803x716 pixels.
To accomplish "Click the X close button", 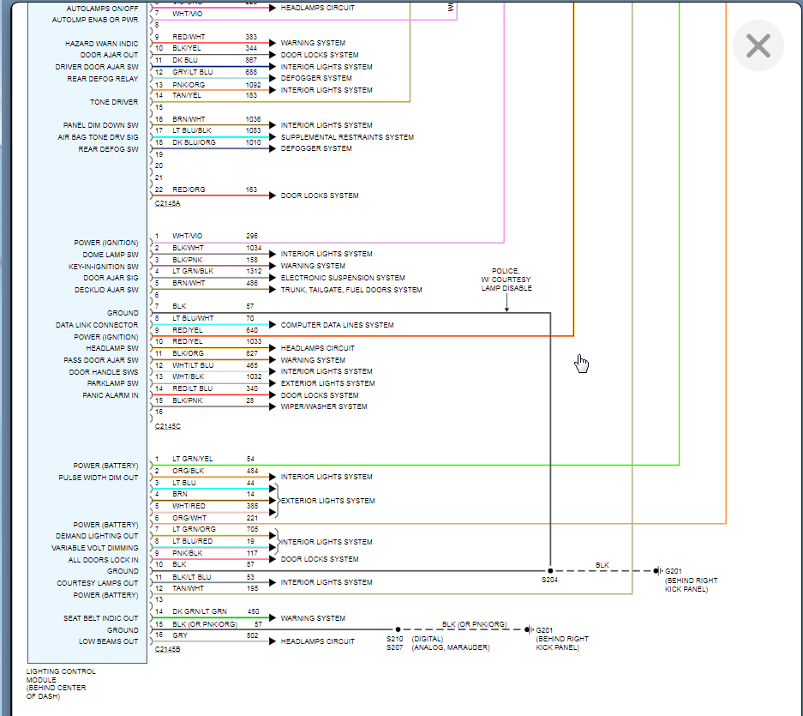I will tap(758, 45).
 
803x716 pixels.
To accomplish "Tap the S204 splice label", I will tap(549, 581).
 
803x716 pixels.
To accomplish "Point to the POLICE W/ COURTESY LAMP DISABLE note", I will tap(506, 280).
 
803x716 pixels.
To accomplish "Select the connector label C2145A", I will tap(168, 203).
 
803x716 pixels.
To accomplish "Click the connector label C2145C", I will tap(168, 425).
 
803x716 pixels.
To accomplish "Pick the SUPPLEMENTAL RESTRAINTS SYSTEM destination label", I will tap(347, 137).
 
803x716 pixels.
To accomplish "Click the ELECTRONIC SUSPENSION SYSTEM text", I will tap(343, 278).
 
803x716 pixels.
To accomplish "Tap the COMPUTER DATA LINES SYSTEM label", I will tap(337, 325).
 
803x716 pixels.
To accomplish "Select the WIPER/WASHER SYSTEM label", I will tap(324, 406).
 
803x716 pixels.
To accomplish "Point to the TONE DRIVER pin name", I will tap(114, 102).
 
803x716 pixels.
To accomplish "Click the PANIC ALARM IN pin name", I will tap(110, 395).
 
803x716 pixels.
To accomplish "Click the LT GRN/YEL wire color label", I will tap(192, 459).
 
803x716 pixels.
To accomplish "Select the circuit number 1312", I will tap(254, 271).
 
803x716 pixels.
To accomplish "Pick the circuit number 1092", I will tap(253, 85).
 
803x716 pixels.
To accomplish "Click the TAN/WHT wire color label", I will tap(188, 587).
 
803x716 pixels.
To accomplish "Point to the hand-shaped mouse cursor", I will tap(582, 364).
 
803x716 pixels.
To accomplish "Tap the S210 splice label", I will tap(394, 639).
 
